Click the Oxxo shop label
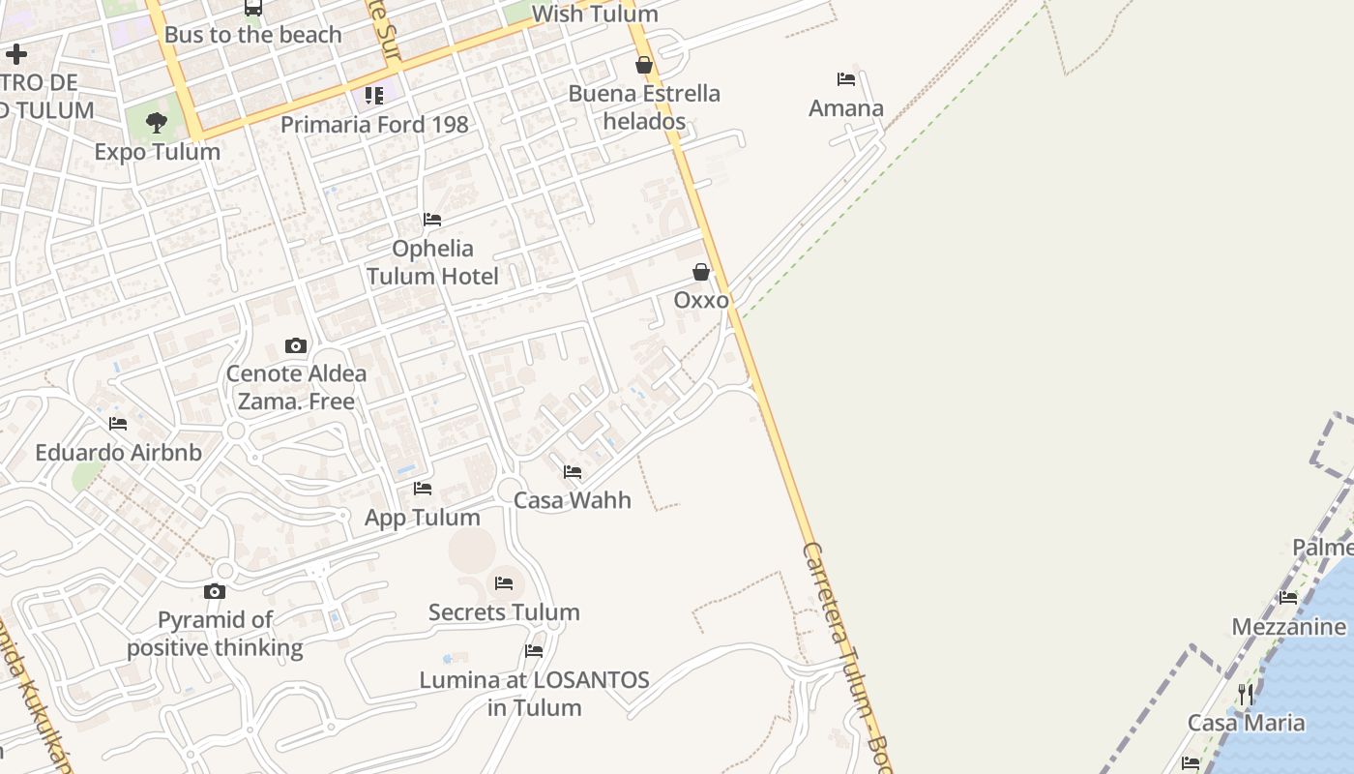(x=701, y=300)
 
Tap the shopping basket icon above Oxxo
(x=701, y=272)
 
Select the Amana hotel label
(x=846, y=108)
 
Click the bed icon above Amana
(x=846, y=79)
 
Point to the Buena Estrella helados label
(x=644, y=107)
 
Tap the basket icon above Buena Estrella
(x=644, y=65)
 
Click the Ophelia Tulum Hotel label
(x=432, y=262)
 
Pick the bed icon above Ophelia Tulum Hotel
(x=432, y=220)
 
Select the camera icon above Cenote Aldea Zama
(x=296, y=345)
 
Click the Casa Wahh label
(x=573, y=500)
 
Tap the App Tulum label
(x=423, y=518)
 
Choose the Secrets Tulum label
(x=504, y=612)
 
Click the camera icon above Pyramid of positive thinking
(x=215, y=591)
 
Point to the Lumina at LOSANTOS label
(x=534, y=693)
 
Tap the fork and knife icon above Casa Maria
(x=1246, y=694)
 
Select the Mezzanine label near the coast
(x=1288, y=627)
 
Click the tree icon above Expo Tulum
(x=157, y=123)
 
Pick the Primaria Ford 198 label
(x=374, y=125)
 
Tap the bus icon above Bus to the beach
(x=253, y=8)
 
